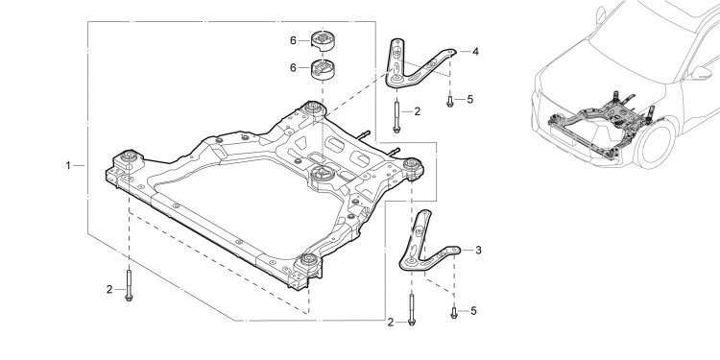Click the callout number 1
68,165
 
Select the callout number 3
478,251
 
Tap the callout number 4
475,52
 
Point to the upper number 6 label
293,40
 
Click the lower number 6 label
293,68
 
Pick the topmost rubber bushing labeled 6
323,39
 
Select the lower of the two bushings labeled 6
323,69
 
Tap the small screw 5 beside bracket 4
450,101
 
